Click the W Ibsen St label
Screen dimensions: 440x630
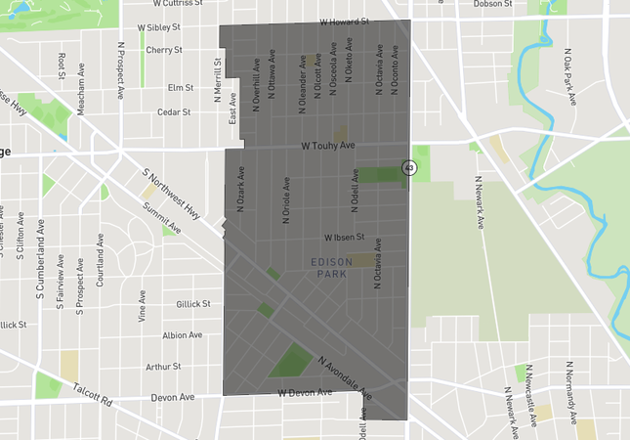pyautogui.click(x=345, y=238)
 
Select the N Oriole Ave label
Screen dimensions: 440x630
pyautogui.click(x=286, y=199)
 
